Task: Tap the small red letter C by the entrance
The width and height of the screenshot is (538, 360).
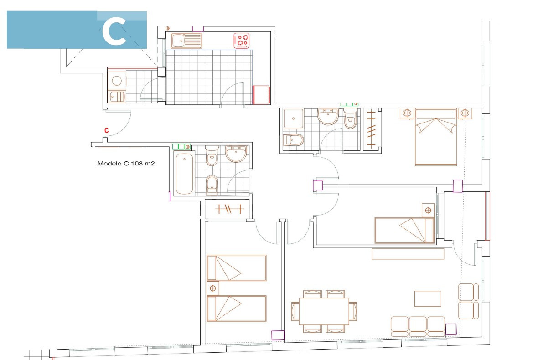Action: point(107,130)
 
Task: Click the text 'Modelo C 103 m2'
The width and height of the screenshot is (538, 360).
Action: point(126,164)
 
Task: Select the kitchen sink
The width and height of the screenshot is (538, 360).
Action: point(186,41)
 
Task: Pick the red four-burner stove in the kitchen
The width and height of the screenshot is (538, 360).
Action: point(242,40)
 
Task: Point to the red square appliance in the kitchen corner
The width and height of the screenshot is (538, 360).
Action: point(261,95)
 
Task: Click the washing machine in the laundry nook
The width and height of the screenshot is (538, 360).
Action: point(117,81)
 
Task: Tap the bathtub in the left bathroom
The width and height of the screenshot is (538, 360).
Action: point(184,174)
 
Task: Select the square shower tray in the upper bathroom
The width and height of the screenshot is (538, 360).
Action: point(293,118)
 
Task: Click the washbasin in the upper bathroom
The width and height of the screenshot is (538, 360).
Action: point(328,117)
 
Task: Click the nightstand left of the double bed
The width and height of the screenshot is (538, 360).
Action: point(407,113)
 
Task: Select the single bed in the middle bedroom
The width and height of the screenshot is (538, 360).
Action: point(404,231)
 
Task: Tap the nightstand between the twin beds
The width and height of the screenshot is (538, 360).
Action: point(213,288)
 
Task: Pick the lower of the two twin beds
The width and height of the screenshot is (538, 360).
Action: point(237,309)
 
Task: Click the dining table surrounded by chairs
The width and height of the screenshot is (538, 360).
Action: point(324,311)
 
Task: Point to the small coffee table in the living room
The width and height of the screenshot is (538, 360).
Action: point(428,298)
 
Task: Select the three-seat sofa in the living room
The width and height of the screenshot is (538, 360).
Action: point(418,326)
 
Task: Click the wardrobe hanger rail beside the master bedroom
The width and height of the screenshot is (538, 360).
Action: point(371,129)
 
